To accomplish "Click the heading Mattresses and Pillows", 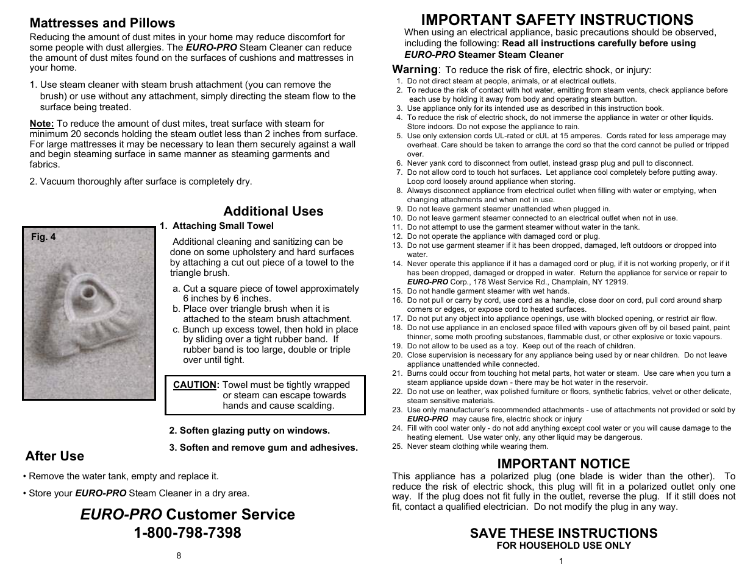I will pyautogui.click(x=102, y=23).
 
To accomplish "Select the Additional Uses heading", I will pyautogui.click(x=273, y=211).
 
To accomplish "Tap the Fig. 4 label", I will pyautogui.click(x=43, y=237).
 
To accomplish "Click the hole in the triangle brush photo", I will pyautogui.click(x=88, y=293).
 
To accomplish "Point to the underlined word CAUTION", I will pyautogui.click(x=194, y=385).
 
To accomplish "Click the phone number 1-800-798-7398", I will pyautogui.click(x=187, y=532).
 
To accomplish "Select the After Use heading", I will pyautogui.click(x=55, y=456).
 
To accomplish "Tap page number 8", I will pyautogui.click(x=179, y=555).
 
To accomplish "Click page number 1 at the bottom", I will pyautogui.click(x=561, y=561).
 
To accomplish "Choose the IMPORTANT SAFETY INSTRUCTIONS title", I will pyautogui.click(x=557, y=19).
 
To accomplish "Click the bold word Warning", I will pyautogui.click(x=415, y=69).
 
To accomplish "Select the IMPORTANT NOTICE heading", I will pyautogui.click(x=563, y=463).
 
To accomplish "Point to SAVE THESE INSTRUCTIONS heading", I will pyautogui.click(x=563, y=533).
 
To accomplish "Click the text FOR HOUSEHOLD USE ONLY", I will pyautogui.click(x=563, y=546).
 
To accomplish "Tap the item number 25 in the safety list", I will pyautogui.click(x=398, y=446).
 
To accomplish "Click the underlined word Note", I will pyautogui.click(x=41, y=124).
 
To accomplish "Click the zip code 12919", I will pyautogui.click(x=616, y=282).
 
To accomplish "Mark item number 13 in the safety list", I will pyautogui.click(x=398, y=245).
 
